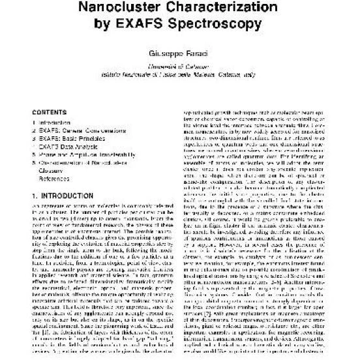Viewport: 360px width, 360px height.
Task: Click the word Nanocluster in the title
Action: pos(133,10)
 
